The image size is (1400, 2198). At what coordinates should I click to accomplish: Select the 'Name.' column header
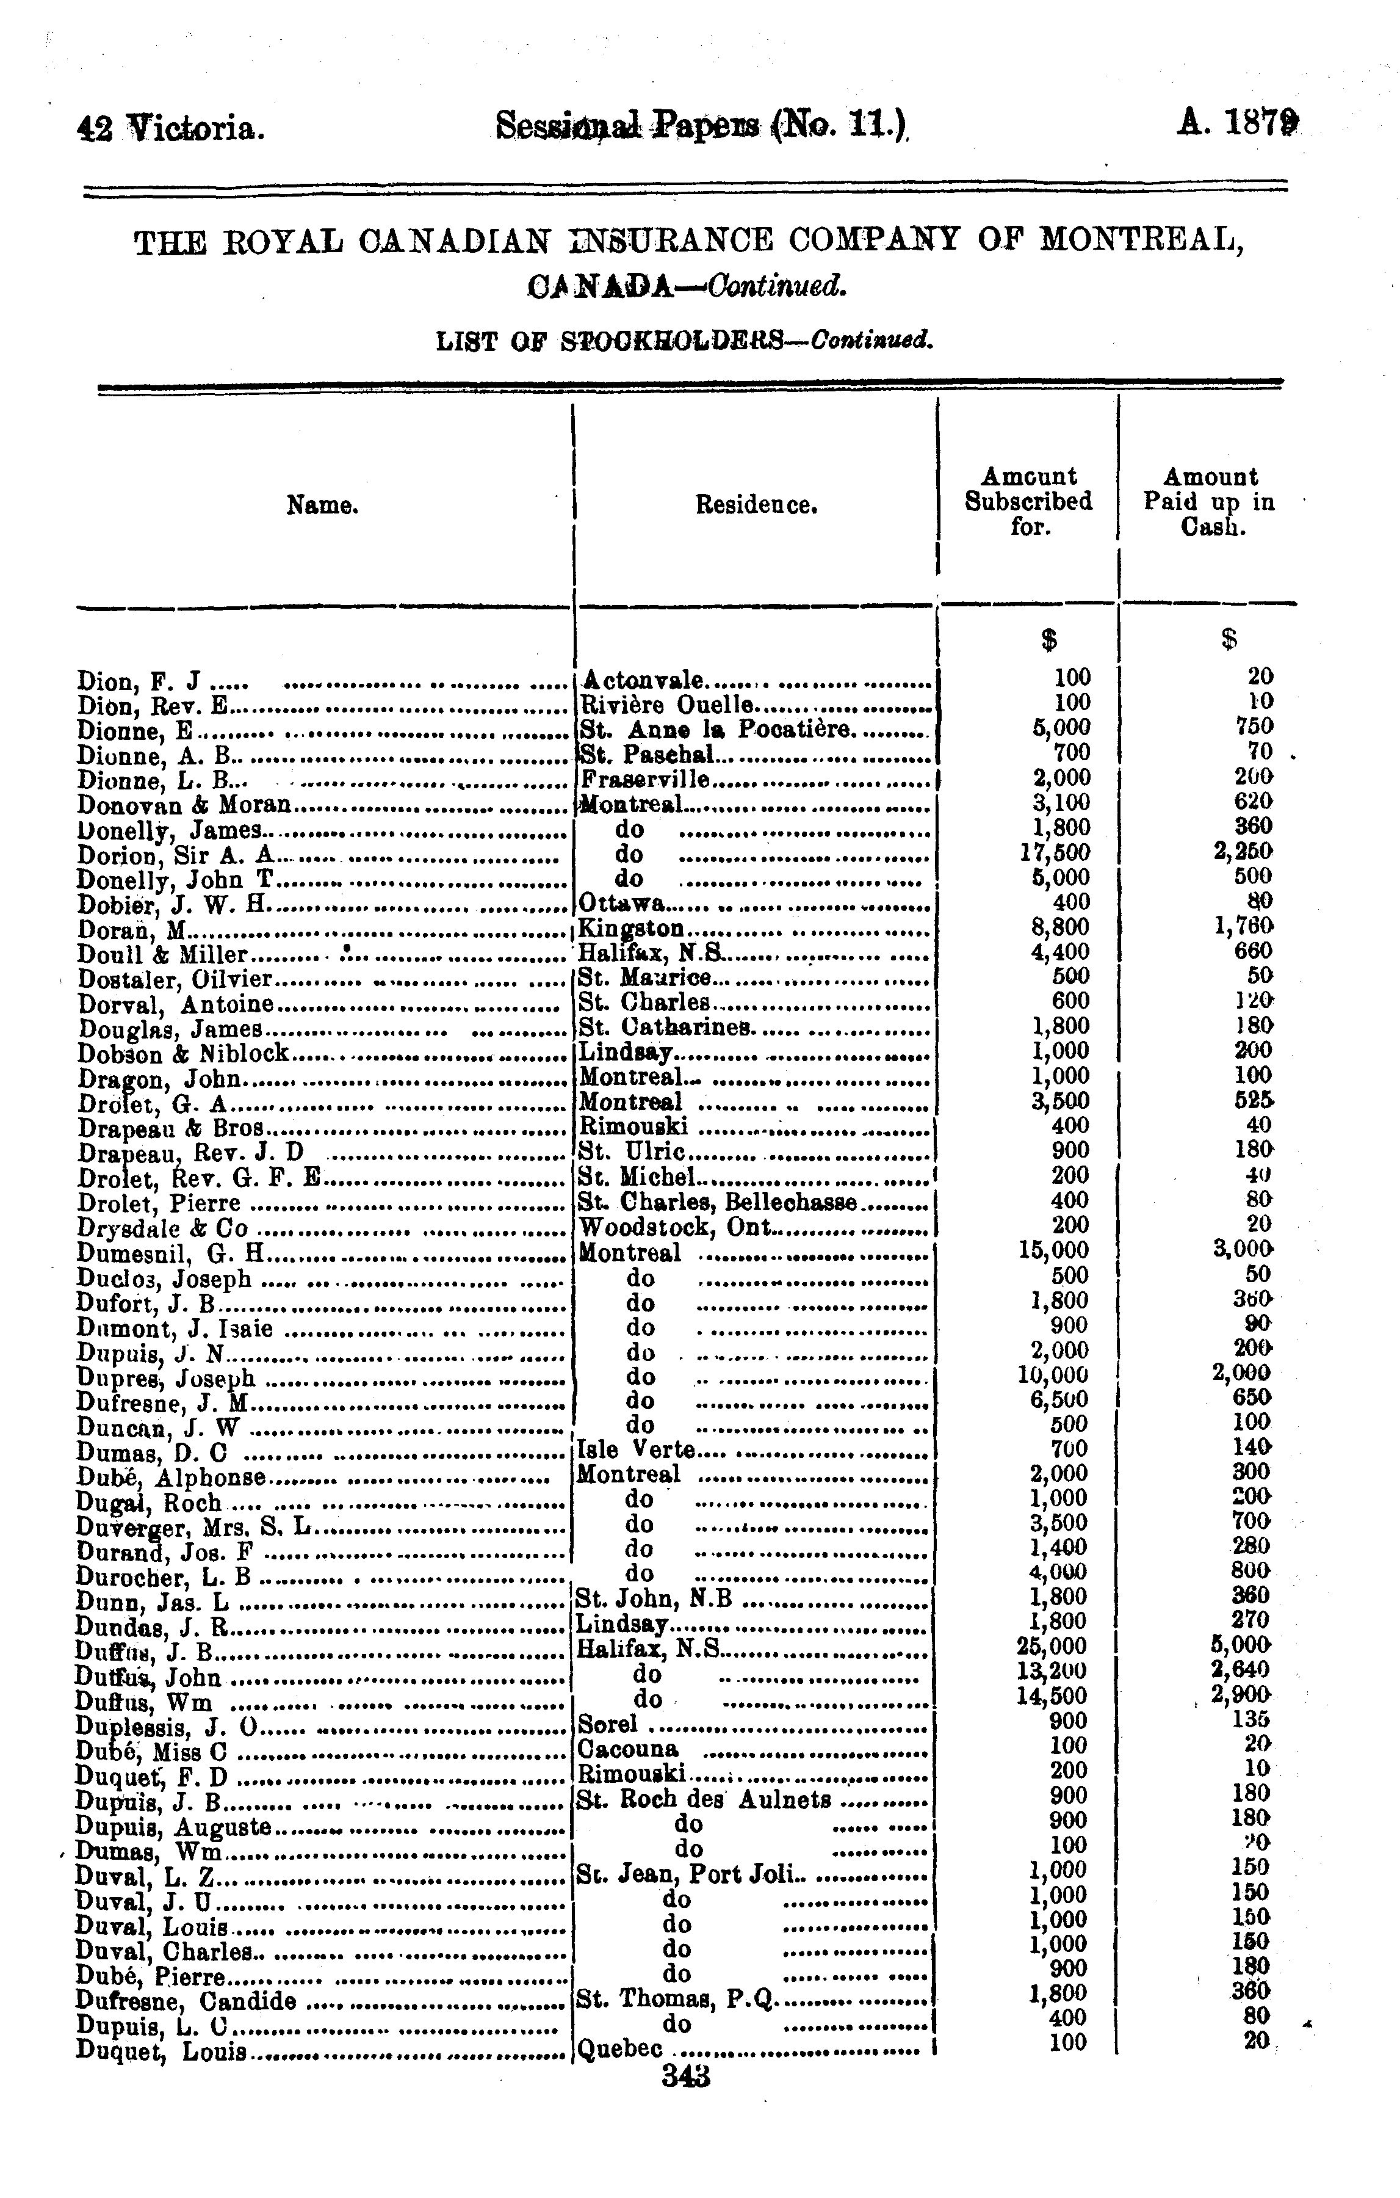[322, 505]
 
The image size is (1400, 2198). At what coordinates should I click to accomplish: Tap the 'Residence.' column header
[756, 505]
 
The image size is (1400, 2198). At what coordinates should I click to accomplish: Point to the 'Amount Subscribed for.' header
[1028, 501]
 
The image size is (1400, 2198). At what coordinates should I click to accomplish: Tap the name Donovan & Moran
[184, 804]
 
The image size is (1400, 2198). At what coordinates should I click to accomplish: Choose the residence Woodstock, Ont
[676, 1227]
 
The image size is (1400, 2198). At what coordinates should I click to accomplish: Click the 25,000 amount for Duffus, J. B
[1052, 1645]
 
